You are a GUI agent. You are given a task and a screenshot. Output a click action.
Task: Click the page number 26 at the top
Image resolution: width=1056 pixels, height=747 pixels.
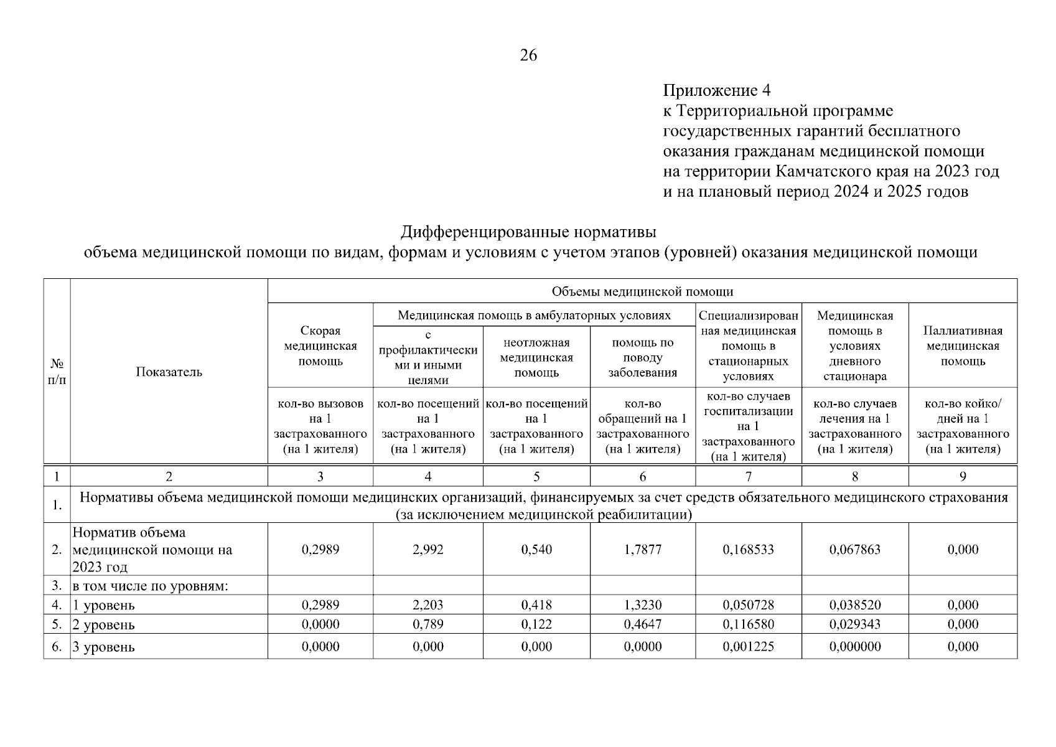click(528, 56)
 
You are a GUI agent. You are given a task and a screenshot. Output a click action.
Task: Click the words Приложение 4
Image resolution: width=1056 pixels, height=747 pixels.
click(716, 91)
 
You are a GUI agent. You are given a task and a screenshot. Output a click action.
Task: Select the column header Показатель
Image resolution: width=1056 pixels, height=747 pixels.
click(169, 372)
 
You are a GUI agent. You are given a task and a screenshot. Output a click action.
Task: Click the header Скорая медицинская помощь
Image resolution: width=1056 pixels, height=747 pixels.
click(320, 346)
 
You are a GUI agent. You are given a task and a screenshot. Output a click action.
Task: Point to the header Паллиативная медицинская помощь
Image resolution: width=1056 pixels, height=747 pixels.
click(962, 346)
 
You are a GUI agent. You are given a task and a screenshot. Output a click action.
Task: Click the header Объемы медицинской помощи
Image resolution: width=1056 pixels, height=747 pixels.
click(642, 291)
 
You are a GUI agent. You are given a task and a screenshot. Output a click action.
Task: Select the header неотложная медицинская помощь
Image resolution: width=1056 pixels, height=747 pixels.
click(536, 358)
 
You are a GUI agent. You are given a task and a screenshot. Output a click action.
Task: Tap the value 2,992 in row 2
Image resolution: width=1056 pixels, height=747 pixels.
click(428, 550)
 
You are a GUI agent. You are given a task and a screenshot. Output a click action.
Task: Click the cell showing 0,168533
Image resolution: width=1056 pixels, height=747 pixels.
click(748, 550)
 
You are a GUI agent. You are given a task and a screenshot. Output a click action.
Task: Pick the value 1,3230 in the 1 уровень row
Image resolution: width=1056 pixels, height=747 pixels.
click(642, 605)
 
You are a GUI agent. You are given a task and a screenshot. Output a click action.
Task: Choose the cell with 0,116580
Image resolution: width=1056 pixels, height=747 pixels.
click(748, 624)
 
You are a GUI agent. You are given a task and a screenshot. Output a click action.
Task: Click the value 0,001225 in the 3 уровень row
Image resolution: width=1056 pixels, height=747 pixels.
click(748, 647)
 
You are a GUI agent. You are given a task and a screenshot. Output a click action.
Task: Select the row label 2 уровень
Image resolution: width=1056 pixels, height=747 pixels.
click(103, 625)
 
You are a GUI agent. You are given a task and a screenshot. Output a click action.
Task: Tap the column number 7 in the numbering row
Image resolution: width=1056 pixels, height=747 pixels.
click(748, 477)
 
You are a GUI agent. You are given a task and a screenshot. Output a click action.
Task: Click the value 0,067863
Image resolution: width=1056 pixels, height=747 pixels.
click(854, 550)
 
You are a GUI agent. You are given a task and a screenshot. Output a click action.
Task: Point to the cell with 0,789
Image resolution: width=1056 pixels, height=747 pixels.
click(428, 624)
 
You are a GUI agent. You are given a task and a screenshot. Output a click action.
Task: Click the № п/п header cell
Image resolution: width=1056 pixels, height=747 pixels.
click(57, 372)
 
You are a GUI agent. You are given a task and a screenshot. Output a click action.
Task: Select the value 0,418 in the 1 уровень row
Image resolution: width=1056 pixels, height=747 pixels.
click(536, 605)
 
